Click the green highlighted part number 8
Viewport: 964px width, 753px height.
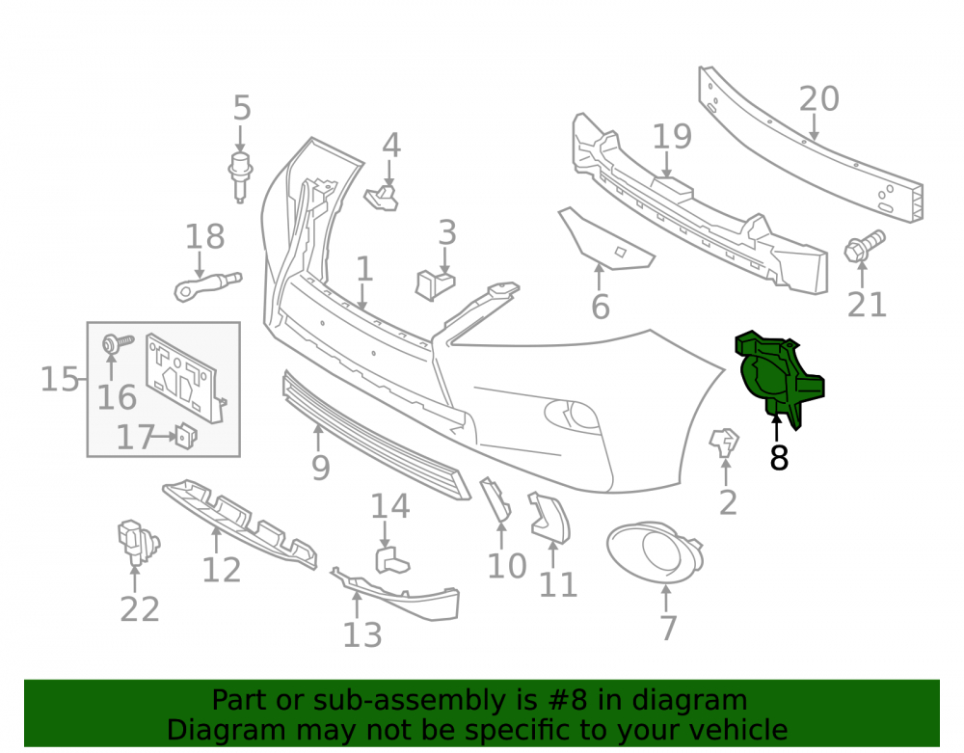pos(778,379)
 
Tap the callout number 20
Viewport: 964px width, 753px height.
pos(818,98)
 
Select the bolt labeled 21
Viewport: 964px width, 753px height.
pos(865,245)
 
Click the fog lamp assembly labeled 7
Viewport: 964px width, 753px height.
pos(655,551)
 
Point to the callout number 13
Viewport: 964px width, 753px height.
pos(362,634)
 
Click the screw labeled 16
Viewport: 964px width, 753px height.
pos(117,343)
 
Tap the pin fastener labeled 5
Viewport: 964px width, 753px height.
pos(240,176)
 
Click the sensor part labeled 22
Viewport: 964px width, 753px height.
pos(137,542)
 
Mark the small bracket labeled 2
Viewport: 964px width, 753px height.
pos(724,443)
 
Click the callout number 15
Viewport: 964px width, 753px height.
pos(59,379)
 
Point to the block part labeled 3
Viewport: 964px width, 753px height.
pos(435,284)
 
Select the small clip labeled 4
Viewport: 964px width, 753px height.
pos(383,197)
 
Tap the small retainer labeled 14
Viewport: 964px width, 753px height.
pos(390,560)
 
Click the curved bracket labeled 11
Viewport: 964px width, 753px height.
pos(549,518)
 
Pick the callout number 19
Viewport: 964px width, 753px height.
pos(671,137)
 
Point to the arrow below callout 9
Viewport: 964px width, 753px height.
pos(318,438)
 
